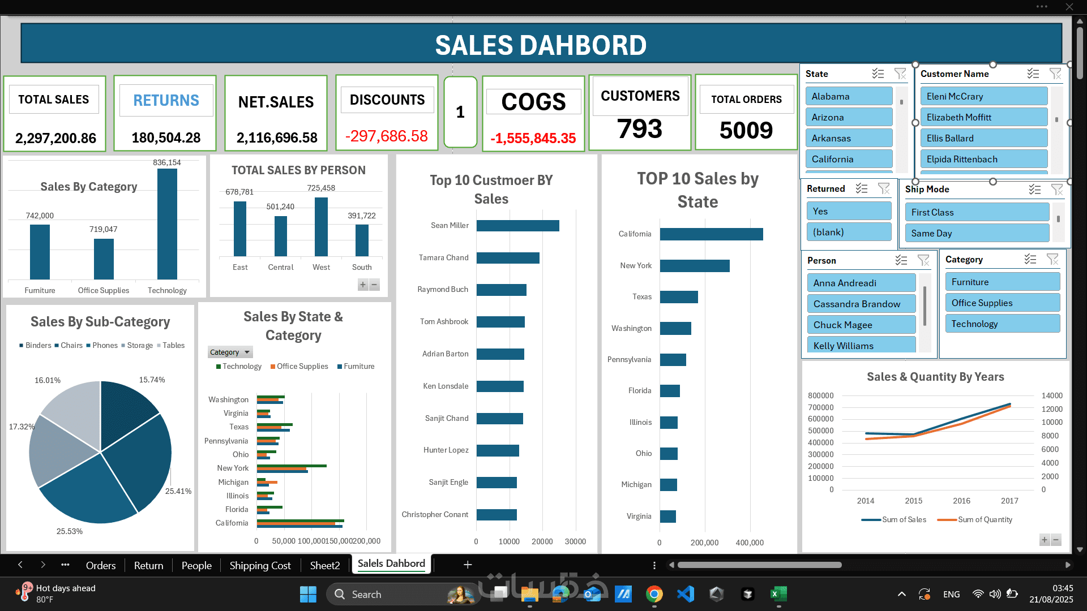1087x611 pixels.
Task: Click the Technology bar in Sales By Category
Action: click(167, 223)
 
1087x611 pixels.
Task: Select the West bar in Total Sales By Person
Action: click(321, 226)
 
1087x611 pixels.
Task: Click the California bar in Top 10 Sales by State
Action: click(711, 234)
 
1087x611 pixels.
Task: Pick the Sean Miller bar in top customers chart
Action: click(517, 226)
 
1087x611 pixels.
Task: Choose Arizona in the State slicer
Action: click(849, 117)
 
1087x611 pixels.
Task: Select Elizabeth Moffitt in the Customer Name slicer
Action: click(983, 117)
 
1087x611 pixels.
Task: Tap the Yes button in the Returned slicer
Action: click(848, 211)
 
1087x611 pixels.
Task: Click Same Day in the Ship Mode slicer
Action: click(977, 233)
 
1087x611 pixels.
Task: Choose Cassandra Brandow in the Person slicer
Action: click(861, 304)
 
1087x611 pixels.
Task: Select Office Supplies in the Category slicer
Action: click(1002, 303)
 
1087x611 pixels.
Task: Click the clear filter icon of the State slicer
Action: click(900, 74)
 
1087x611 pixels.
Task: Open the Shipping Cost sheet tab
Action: click(260, 565)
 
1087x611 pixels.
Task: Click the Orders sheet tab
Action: click(101, 565)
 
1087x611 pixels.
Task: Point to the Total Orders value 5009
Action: click(746, 131)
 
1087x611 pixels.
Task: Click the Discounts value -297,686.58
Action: click(387, 136)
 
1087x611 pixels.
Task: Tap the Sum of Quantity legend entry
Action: click(985, 519)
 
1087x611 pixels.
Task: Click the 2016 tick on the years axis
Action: click(961, 501)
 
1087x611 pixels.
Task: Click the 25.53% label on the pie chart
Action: click(70, 531)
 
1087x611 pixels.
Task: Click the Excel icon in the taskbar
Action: click(778, 594)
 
